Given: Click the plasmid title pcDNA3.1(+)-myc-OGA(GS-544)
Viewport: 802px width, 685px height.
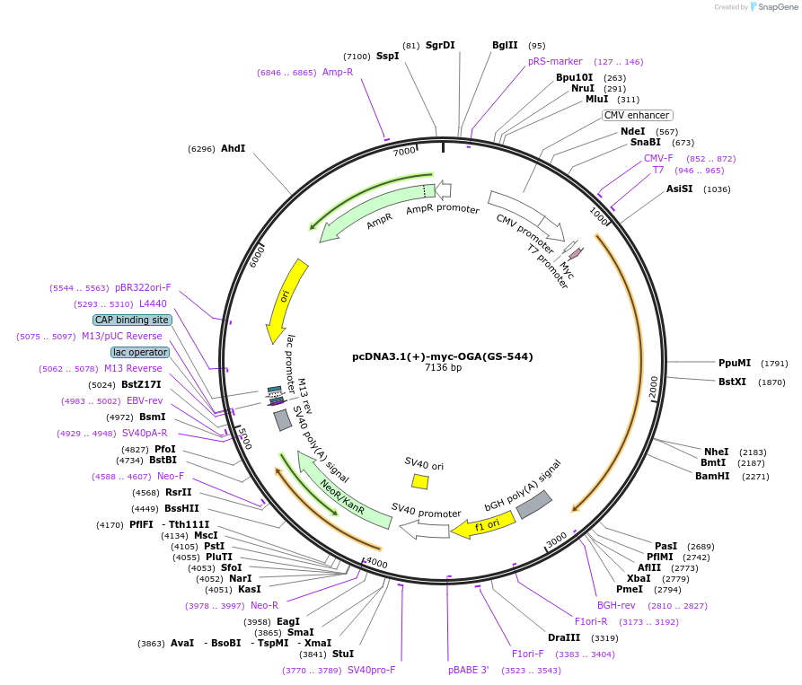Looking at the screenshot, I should tap(443, 356).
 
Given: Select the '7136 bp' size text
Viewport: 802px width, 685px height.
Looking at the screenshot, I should tap(443, 368).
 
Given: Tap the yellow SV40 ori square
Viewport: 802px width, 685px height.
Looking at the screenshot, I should tap(419, 481).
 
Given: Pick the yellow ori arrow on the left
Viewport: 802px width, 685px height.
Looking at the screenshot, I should tap(286, 301).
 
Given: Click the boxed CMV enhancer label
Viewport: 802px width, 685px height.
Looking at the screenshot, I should tap(637, 115).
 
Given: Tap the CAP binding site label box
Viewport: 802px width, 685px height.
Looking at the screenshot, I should tap(131, 320).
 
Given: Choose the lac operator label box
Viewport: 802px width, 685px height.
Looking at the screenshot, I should tap(139, 352).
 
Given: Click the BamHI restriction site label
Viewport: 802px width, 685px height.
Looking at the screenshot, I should tap(712, 477).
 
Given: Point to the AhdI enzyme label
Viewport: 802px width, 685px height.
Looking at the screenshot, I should tap(233, 148).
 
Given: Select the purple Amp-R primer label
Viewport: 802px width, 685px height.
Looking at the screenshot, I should tap(338, 72).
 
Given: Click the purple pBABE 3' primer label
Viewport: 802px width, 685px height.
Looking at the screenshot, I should tap(469, 670).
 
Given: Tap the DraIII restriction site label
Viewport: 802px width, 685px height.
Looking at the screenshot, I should tap(564, 637).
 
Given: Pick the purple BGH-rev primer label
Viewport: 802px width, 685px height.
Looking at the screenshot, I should tap(616, 605).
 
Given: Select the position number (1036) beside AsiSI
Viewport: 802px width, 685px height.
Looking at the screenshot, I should tap(717, 189).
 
